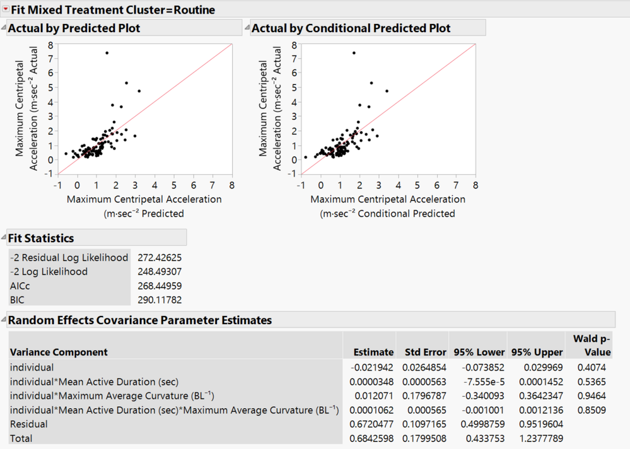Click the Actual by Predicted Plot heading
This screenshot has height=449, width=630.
coord(74,28)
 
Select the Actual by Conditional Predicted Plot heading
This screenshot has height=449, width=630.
coord(351,28)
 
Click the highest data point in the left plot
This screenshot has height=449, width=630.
coord(107,53)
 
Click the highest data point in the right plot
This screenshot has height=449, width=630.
coord(354,53)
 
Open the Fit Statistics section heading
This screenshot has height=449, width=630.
coord(41,238)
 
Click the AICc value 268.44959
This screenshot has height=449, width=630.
coord(160,286)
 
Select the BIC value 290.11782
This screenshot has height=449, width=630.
coord(160,300)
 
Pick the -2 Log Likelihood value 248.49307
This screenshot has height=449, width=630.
coord(160,272)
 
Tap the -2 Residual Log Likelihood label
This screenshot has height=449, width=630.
coord(69,258)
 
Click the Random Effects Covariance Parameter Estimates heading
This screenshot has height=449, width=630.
coord(140,320)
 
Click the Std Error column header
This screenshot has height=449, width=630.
coord(420,352)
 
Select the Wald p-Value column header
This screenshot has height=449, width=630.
coord(592,346)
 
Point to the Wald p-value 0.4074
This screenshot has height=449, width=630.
coord(592,368)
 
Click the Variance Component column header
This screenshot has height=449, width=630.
coord(59,352)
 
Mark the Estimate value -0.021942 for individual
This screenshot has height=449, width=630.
coord(371,368)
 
